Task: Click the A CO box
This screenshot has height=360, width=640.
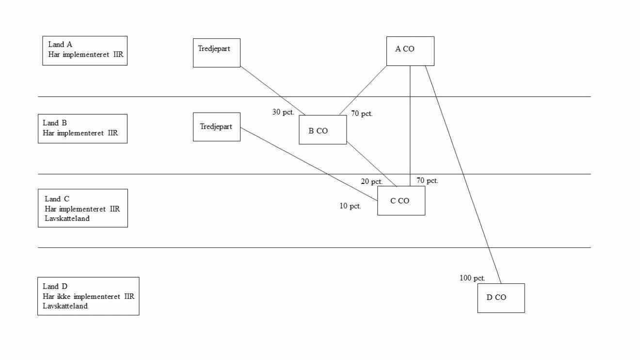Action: coord(410,51)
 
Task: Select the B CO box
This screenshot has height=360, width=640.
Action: coord(322,130)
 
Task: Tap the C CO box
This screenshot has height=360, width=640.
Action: coord(401,200)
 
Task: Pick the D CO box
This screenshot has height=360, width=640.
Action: coord(501,298)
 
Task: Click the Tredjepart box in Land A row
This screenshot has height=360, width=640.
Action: coord(216,53)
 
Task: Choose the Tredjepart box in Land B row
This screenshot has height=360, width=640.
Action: coord(216,127)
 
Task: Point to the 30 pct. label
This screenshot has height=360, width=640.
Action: coord(283,112)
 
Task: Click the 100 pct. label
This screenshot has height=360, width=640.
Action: coord(472,278)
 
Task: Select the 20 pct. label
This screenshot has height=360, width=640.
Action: coord(372,181)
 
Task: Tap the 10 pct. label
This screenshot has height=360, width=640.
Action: coord(350,206)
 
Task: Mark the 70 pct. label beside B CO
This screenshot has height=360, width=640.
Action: coord(362,114)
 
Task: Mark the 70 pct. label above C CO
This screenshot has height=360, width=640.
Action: coord(427,180)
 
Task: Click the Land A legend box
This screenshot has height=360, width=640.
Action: coord(85,50)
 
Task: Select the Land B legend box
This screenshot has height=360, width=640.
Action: coord(82,129)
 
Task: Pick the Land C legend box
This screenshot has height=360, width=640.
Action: coord(82,208)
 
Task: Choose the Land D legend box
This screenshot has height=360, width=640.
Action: coord(88,296)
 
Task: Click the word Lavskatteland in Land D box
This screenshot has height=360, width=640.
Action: coord(65,306)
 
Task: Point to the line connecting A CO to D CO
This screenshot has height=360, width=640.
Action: coord(463,175)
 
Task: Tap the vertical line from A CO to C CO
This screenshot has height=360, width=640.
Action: coord(410,121)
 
